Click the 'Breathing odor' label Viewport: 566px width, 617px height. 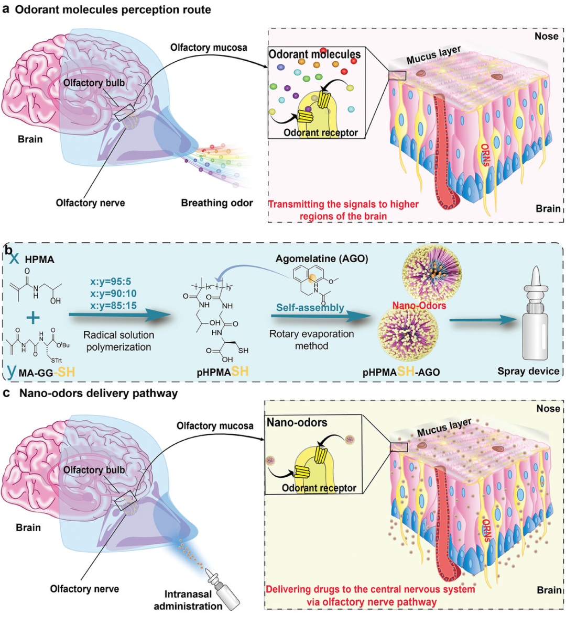tap(216, 203)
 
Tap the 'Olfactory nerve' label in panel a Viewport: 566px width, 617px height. tap(90, 203)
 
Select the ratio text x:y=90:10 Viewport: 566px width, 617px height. tap(113, 294)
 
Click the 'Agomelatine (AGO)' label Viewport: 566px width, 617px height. tap(322, 259)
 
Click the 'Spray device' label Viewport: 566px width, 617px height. tap(528, 371)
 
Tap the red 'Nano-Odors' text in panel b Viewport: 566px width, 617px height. tap(419, 305)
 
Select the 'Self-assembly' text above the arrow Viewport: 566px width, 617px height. tap(310, 308)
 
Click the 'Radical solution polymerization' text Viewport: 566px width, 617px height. tap(119, 341)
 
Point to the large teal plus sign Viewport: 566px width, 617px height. tap(33, 318)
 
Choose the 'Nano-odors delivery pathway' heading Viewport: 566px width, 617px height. tap(98, 393)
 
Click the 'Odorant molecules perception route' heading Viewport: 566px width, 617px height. tap(113, 9)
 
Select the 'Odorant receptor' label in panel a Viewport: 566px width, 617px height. tap(320, 132)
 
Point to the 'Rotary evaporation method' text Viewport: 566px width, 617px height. tap(311, 340)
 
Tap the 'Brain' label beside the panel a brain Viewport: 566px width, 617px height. tap(30, 139)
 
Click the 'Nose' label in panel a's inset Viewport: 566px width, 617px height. tap(546, 36)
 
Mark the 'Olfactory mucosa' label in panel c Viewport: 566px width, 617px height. tap(215, 426)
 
